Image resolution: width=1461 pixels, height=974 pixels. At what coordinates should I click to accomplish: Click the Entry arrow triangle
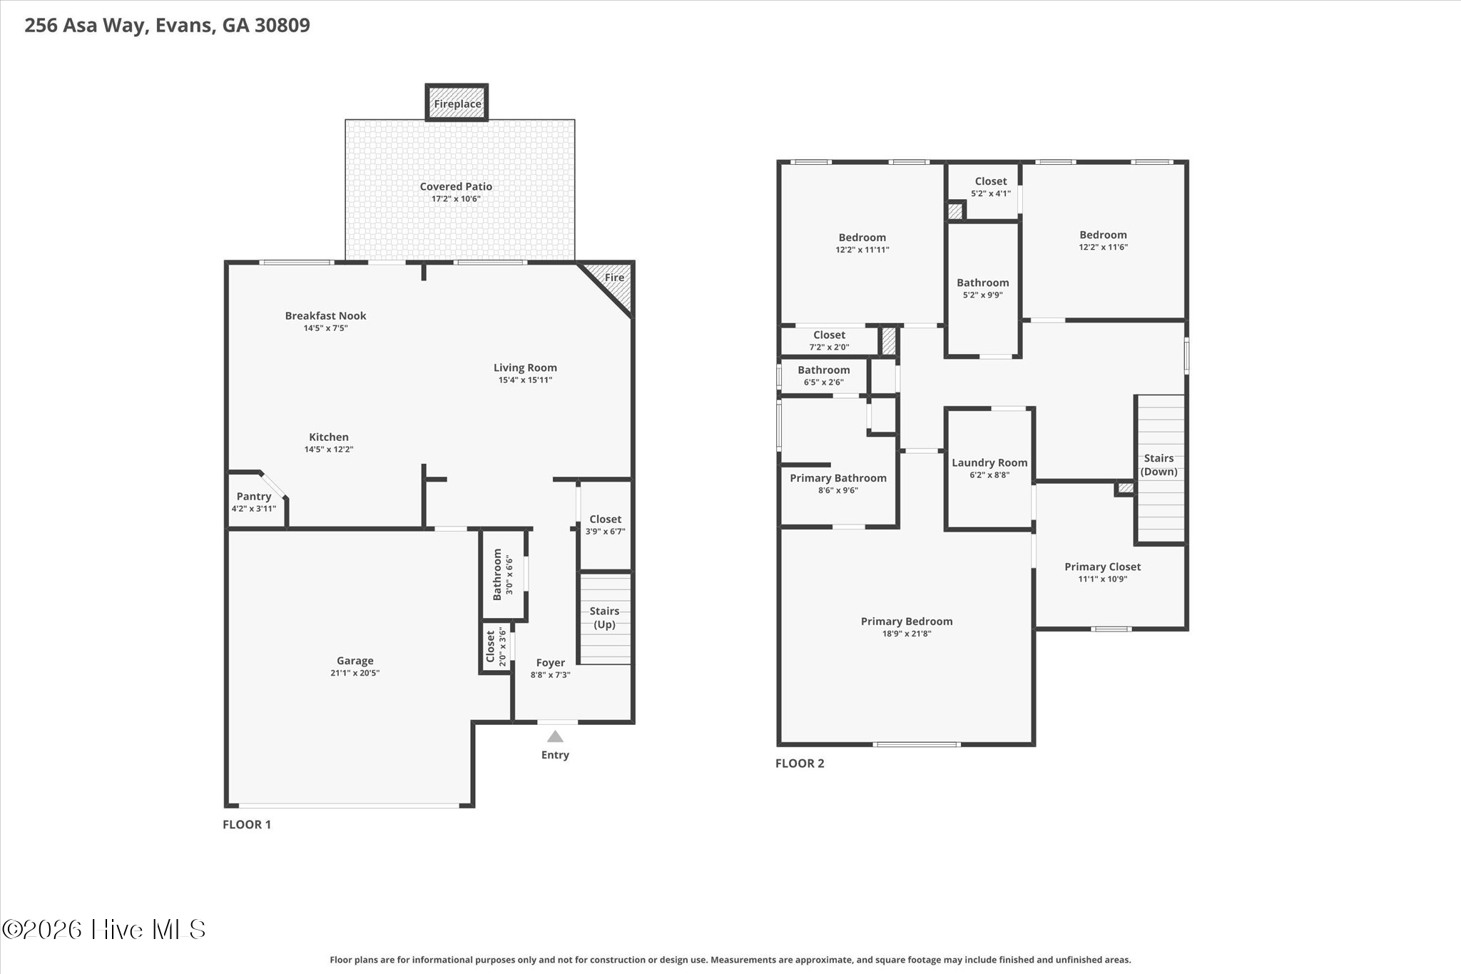(555, 736)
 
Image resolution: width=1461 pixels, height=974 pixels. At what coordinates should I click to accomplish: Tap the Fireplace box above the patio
(457, 103)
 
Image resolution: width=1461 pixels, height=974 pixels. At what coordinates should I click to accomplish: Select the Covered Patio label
(456, 186)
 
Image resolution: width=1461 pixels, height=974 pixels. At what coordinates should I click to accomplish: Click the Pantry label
(254, 496)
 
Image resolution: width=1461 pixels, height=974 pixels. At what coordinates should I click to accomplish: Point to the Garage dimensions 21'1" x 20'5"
(355, 673)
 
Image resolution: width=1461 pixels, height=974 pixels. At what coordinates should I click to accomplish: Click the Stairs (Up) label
(604, 617)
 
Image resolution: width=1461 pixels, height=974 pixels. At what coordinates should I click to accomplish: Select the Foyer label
(551, 663)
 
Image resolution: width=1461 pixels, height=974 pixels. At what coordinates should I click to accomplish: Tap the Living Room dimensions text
(525, 380)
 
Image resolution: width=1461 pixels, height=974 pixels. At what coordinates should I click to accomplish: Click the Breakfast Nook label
(325, 315)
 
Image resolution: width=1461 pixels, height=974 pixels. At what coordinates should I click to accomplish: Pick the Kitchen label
(329, 437)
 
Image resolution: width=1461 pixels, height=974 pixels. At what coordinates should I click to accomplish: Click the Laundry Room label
(989, 462)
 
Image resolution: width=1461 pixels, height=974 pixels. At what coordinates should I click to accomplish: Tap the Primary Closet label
(1103, 567)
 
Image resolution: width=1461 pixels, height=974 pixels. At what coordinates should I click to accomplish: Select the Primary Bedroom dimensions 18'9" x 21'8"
(907, 634)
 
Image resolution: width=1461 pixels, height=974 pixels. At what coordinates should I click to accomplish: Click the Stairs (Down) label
(1159, 465)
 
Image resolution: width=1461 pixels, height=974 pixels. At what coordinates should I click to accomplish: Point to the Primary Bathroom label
(838, 478)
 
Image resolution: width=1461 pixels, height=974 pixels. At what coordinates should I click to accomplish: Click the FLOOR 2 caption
(800, 763)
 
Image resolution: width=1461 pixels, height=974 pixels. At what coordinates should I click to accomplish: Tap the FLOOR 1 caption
(247, 824)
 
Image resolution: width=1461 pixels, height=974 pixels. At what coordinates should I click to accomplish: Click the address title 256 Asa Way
(118, 26)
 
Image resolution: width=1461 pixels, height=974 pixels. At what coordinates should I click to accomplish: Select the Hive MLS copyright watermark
(104, 929)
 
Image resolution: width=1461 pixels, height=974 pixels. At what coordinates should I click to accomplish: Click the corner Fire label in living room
(614, 278)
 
